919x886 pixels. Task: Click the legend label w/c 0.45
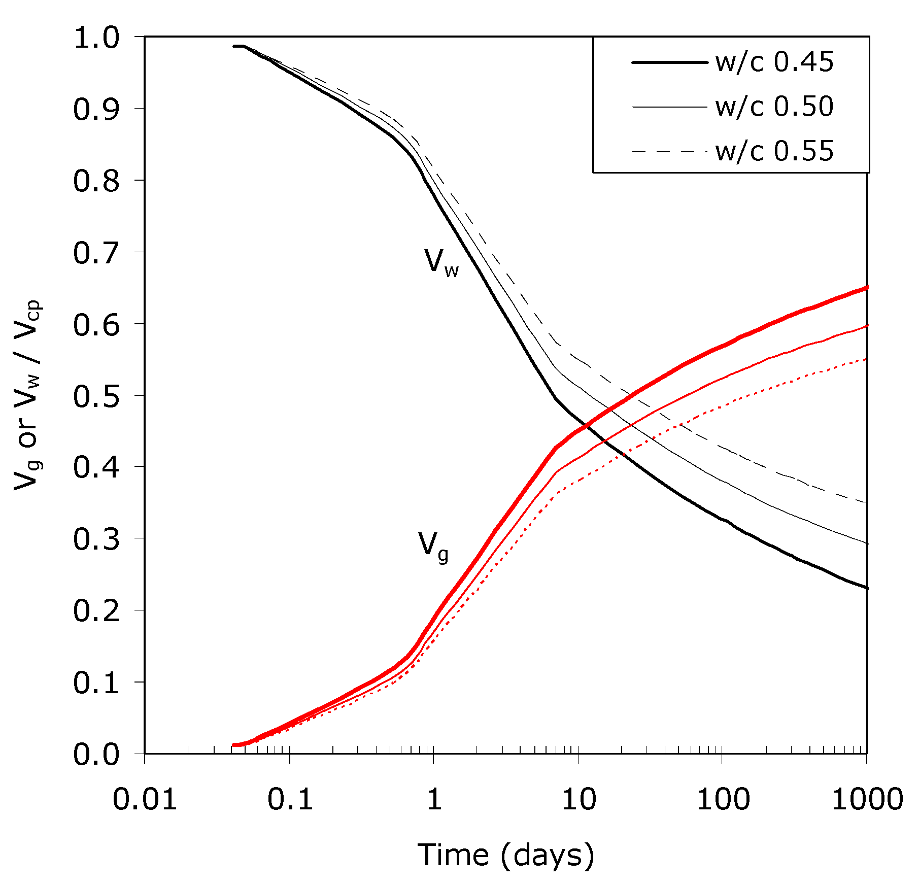point(774,63)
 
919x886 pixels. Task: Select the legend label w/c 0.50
point(774,107)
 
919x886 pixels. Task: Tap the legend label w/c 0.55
point(774,151)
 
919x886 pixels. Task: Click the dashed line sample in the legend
point(669,151)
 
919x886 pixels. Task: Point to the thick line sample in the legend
point(669,62)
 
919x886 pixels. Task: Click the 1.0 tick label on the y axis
point(96,39)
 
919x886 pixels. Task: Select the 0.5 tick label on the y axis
point(96,397)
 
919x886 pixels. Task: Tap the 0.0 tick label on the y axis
point(96,755)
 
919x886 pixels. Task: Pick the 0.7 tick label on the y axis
point(96,253)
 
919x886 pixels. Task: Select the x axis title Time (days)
point(505,856)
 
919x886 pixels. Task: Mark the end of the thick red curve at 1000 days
point(866,288)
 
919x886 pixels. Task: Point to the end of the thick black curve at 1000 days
point(866,588)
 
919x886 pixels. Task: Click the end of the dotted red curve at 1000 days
point(866,359)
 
